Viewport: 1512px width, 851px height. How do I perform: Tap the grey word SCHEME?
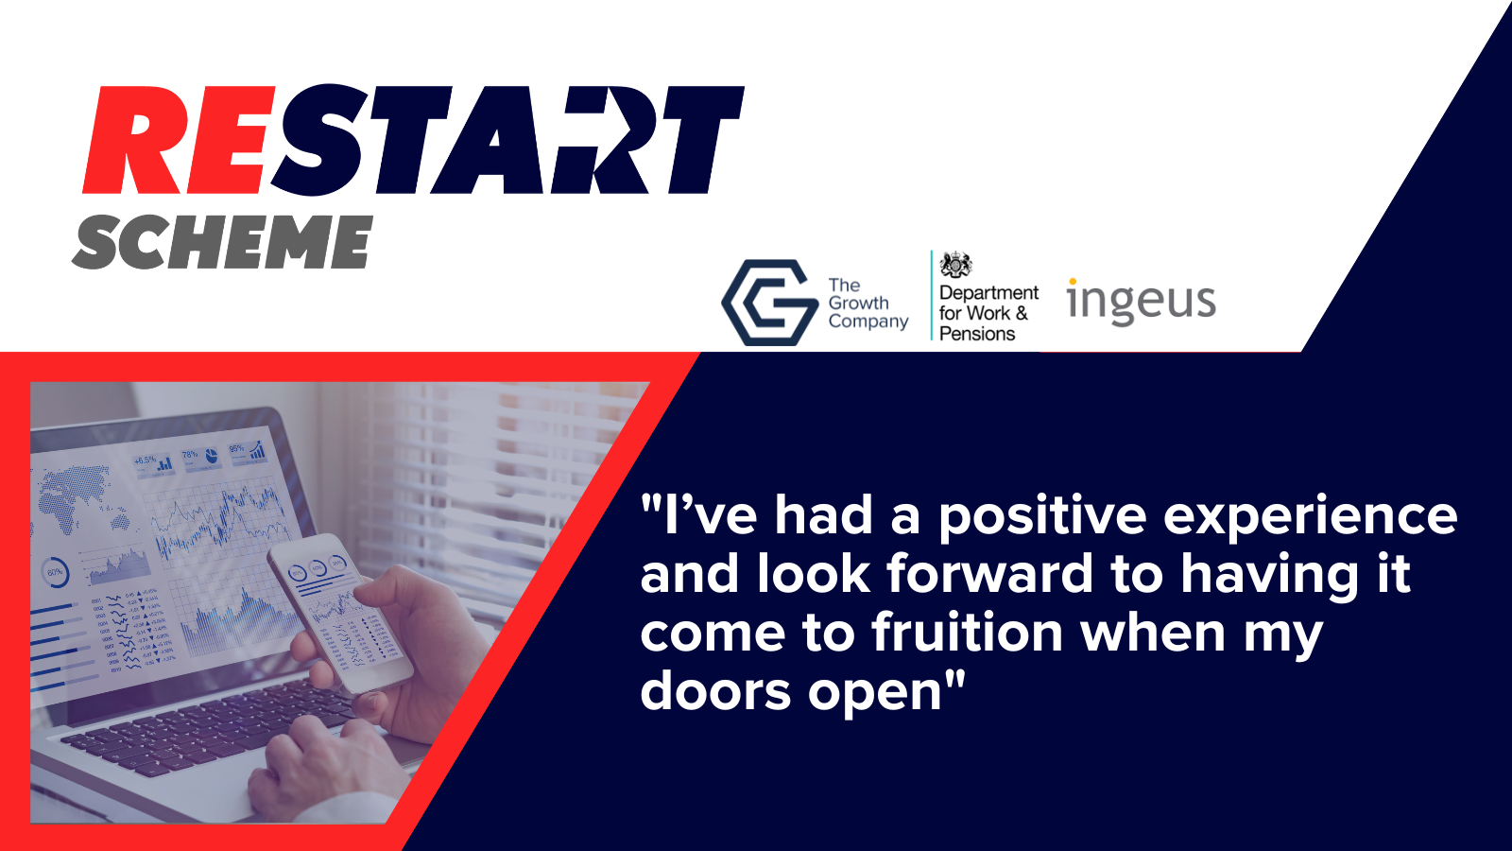(x=223, y=242)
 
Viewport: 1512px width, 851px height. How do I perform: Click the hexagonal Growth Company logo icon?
(x=768, y=303)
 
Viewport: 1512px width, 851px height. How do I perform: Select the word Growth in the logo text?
(x=858, y=304)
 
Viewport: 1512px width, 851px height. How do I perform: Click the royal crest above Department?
(x=955, y=265)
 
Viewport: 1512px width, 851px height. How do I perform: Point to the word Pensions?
(x=977, y=334)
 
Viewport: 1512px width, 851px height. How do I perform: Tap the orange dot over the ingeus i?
(x=1073, y=282)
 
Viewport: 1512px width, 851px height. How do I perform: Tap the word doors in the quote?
(x=714, y=692)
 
